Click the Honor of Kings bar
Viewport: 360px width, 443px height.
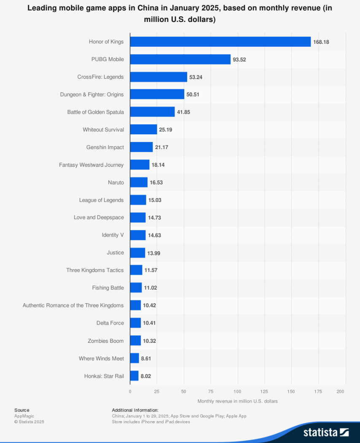[x=220, y=42]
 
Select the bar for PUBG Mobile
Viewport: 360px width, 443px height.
[x=180, y=59]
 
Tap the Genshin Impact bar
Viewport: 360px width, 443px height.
[x=141, y=147]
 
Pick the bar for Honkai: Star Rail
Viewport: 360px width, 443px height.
[x=134, y=376]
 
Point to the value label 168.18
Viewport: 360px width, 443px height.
[x=321, y=42]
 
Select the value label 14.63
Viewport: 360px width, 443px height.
[x=154, y=235]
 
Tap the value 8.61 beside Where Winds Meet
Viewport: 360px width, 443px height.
[x=146, y=358]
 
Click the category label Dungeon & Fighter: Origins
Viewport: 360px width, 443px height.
[x=92, y=94]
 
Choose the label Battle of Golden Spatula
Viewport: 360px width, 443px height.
[x=95, y=112]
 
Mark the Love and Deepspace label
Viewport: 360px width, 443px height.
[x=99, y=217]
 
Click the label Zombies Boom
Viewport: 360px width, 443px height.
[x=105, y=340]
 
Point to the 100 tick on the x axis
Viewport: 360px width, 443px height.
[x=237, y=392]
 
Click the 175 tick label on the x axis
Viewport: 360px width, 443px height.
[x=318, y=392]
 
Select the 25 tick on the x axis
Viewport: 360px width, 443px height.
[x=156, y=392]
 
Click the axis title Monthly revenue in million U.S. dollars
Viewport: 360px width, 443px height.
[x=237, y=401]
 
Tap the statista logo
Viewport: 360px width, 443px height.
[x=326, y=432]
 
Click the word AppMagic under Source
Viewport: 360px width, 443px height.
[x=24, y=416]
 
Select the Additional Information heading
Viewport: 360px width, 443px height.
[x=135, y=410]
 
